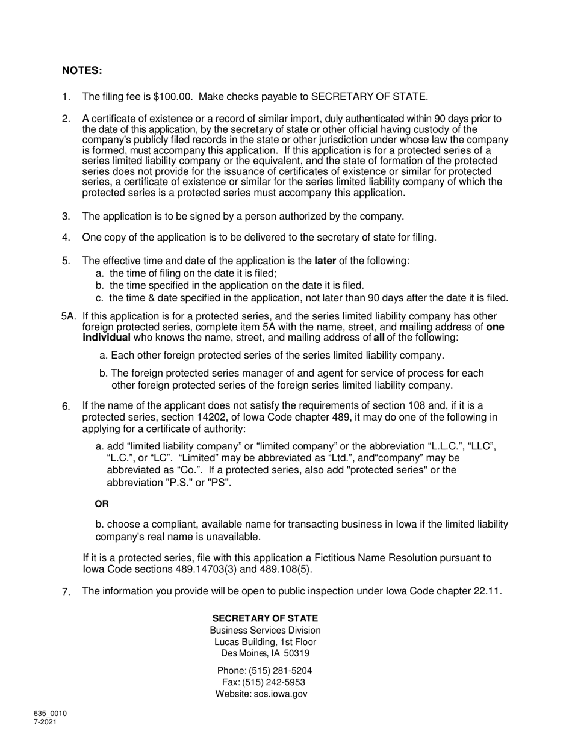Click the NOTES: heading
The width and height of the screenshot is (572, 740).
tap(82, 71)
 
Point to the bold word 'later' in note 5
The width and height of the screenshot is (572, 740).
tap(325, 261)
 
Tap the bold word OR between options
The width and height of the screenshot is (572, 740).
tap(102, 504)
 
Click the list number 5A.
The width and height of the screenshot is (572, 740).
tap(69, 316)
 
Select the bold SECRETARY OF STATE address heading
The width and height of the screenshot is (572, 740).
tap(265, 618)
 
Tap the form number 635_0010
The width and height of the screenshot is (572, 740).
tap(50, 714)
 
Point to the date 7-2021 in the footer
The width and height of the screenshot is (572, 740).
tap(45, 722)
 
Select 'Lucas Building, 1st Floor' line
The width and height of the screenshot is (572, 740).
tap(265, 642)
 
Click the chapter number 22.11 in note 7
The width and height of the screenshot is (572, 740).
tap(487, 591)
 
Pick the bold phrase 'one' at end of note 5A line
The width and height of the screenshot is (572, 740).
tap(495, 327)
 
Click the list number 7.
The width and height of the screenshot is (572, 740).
tap(66, 592)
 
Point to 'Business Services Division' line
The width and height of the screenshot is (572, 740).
tap(265, 631)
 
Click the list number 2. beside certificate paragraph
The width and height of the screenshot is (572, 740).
tap(66, 119)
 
